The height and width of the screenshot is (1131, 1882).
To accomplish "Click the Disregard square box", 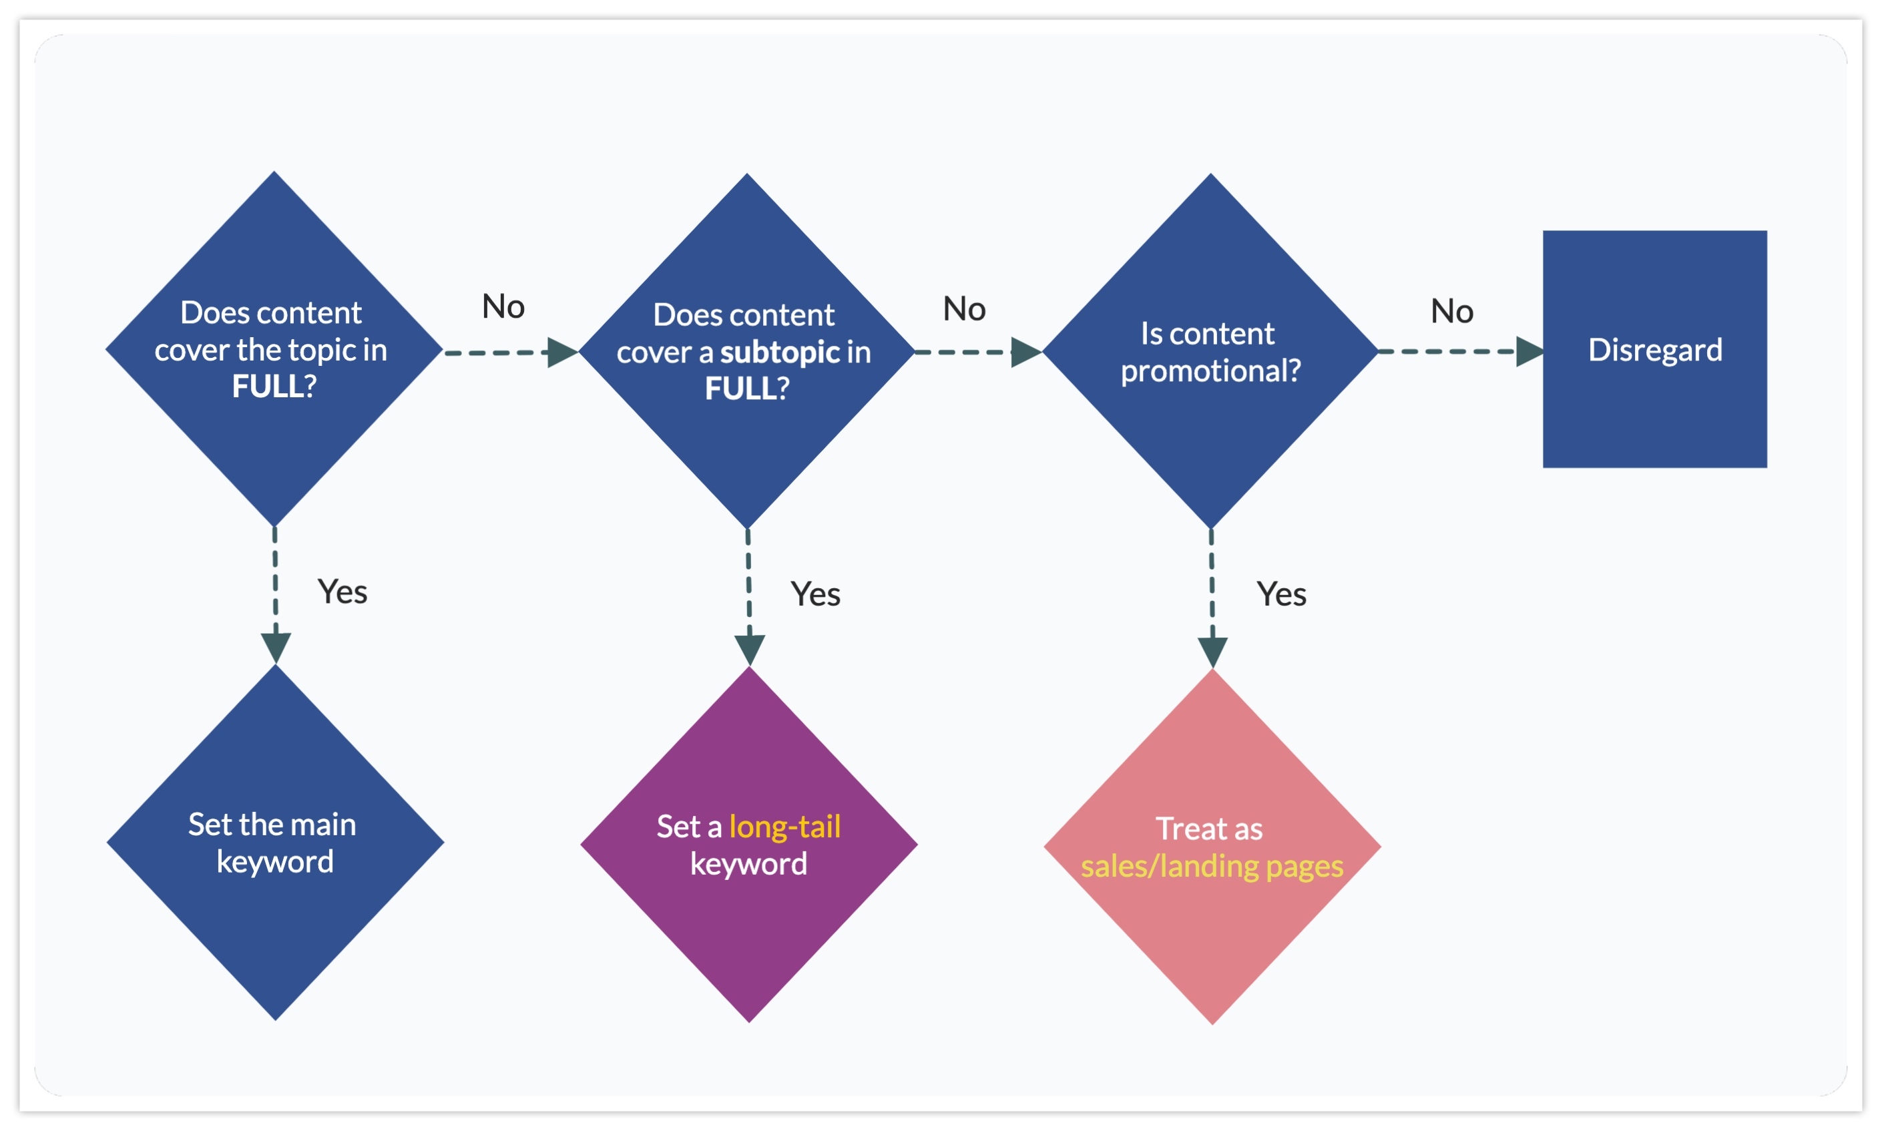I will coord(1654,349).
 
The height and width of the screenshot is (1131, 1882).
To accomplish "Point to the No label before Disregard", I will coord(1451,312).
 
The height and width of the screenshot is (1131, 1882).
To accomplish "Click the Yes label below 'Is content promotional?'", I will coord(1281,594).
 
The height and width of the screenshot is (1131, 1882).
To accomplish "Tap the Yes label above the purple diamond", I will coord(815,594).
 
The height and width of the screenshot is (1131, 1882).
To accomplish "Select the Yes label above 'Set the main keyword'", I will coord(342,592).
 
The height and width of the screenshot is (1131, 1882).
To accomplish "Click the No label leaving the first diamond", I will coord(503,307).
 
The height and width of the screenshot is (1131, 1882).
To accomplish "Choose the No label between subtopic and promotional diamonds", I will coord(964,309).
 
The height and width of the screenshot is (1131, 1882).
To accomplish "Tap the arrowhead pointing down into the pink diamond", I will coord(1212,651).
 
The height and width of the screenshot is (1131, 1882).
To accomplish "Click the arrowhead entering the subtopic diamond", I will coord(561,352).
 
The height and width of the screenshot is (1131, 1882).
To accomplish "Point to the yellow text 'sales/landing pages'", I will coord(1212,867).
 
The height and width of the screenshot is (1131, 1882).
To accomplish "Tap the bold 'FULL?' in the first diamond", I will coord(274,387).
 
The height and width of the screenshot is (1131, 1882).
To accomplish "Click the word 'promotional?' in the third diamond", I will coord(1210,371).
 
